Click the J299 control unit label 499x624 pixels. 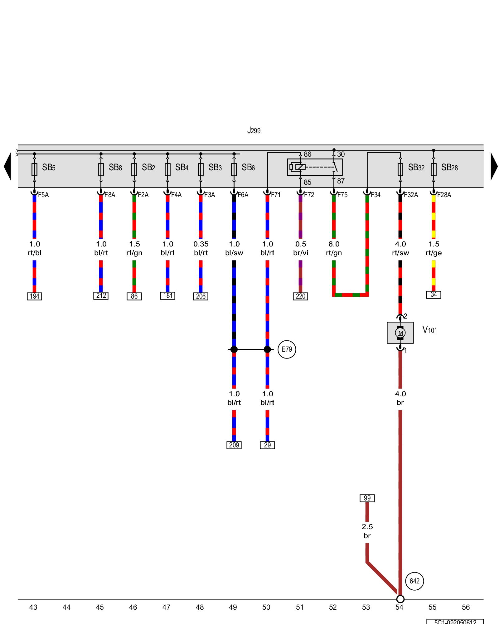tap(254, 130)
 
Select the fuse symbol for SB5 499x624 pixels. tap(34, 169)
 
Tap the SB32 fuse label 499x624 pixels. tap(416, 168)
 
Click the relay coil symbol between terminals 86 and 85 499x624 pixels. tap(300, 167)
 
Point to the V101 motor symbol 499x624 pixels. tap(400, 333)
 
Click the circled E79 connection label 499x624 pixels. tap(287, 349)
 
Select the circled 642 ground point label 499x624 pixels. tap(414, 581)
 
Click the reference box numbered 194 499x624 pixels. tap(34, 296)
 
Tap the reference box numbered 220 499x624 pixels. tap(300, 296)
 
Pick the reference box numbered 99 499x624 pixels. tap(367, 498)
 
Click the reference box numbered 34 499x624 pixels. tap(434, 295)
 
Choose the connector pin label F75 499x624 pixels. tap(342, 195)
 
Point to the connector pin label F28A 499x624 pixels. tap(444, 195)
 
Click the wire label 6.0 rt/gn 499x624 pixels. tap(334, 248)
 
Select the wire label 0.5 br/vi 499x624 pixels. tap(301, 248)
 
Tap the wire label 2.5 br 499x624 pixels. tap(367, 531)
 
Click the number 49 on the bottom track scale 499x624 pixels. tap(233, 607)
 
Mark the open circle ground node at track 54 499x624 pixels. tap(400, 599)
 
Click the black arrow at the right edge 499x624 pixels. tap(494, 166)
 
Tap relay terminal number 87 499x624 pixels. tap(341, 181)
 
